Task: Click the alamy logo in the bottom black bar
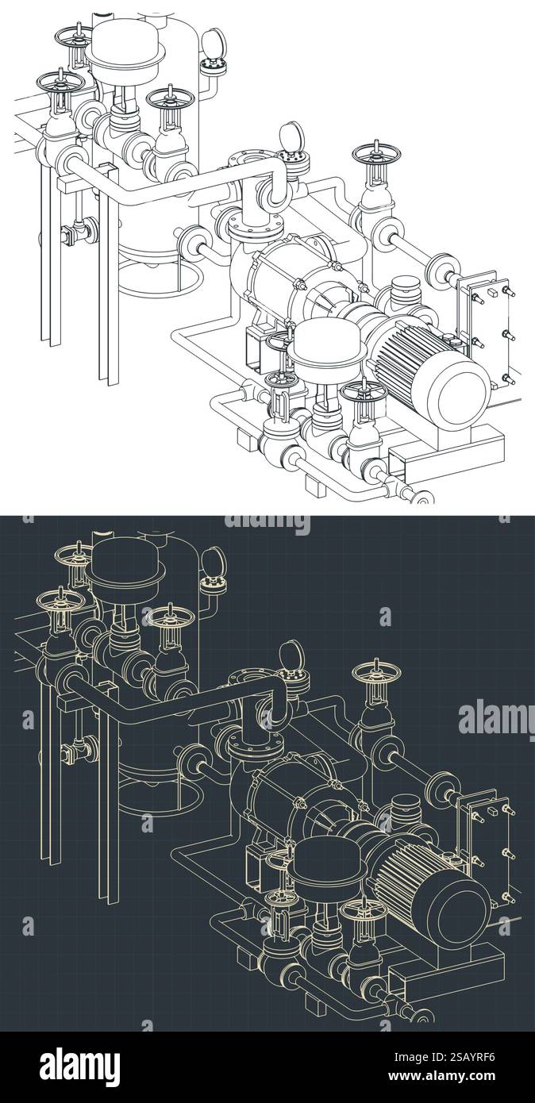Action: click(x=79, y=1066)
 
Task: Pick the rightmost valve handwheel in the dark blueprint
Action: click(x=375, y=673)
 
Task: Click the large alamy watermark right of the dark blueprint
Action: click(x=496, y=718)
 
